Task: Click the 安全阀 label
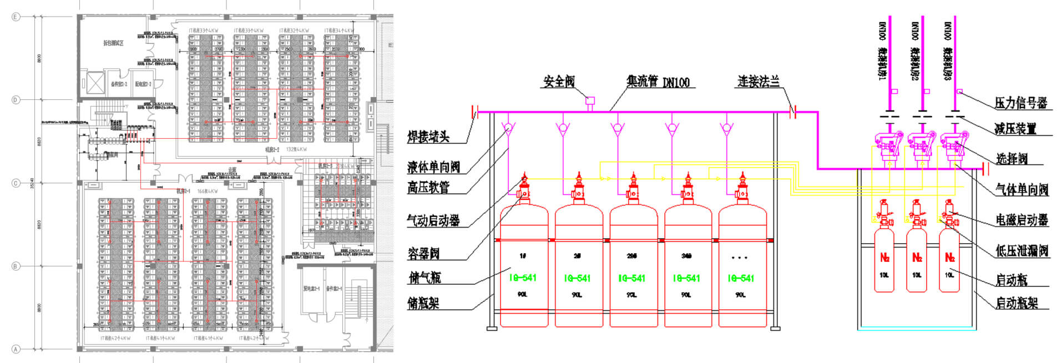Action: click(x=559, y=82)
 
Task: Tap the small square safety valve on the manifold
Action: click(x=590, y=101)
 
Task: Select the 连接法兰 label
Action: click(x=758, y=82)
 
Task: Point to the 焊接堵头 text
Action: click(x=428, y=137)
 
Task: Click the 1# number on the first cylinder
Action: click(x=523, y=256)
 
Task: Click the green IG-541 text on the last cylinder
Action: click(x=741, y=278)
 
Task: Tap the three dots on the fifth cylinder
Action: click(x=740, y=258)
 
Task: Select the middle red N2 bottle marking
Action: click(x=917, y=258)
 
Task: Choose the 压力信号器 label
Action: click(x=1020, y=103)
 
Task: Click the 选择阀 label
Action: click(x=1012, y=159)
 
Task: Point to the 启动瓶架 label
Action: click(x=1016, y=303)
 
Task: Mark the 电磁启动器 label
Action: click(x=1021, y=220)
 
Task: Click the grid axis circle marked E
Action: click(x=16, y=17)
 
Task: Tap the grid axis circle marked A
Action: click(x=16, y=349)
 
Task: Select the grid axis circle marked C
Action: click(x=16, y=183)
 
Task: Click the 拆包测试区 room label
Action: click(x=113, y=43)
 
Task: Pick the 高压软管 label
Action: click(x=428, y=188)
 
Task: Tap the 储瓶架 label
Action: click(x=423, y=303)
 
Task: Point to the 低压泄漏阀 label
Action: click(x=1021, y=251)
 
